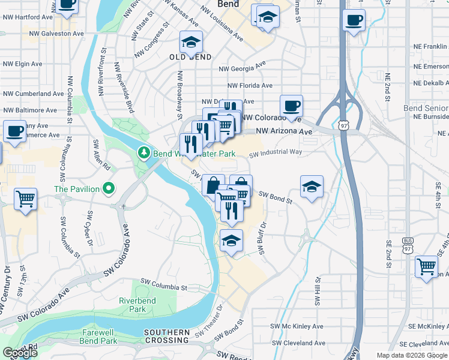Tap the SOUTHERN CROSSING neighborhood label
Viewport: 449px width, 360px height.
[x=167, y=336]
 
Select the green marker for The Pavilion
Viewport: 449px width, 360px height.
[x=108, y=189]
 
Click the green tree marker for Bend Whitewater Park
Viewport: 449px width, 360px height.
[x=144, y=154]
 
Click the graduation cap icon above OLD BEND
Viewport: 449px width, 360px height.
[x=191, y=42]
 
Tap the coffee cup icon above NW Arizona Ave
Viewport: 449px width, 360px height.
[x=291, y=106]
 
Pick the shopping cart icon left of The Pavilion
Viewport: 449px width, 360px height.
[x=25, y=199]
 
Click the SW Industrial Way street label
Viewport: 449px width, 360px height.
[x=276, y=152]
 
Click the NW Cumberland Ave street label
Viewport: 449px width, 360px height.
[x=33, y=94]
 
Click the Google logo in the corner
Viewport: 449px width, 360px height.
[x=20, y=353]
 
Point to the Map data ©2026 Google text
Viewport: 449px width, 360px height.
[x=411, y=355]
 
